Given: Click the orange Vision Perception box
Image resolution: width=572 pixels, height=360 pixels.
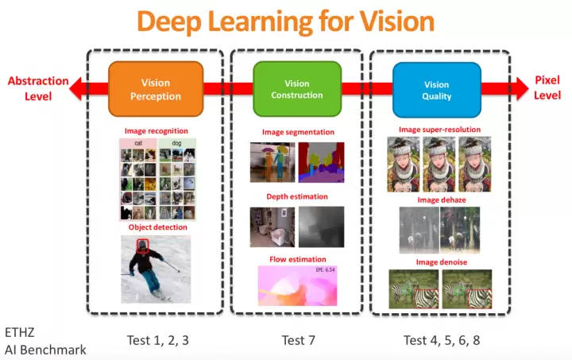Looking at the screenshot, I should coord(155,89).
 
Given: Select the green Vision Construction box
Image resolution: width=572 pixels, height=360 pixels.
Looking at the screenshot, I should coord(292,89).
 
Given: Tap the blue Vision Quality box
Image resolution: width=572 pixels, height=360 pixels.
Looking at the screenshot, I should coord(437,90).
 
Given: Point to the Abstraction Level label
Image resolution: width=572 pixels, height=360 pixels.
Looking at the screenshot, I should coord(29,88).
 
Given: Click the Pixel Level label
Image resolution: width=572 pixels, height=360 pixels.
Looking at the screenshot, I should coord(547,87).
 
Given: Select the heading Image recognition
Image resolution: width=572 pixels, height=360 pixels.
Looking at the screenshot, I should coord(156,131).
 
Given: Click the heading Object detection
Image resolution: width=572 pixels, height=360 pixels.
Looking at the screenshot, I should coord(157,227).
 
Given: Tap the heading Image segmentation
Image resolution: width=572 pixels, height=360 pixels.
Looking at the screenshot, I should coord(298,132).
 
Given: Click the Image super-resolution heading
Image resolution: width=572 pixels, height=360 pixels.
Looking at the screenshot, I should coord(439,130).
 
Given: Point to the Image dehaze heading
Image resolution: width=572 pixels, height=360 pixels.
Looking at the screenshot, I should coord(439,200).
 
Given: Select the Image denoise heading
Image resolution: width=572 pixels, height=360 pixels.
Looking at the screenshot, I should coord(439,261).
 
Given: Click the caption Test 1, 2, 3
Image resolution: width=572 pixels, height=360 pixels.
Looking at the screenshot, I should coord(157,340).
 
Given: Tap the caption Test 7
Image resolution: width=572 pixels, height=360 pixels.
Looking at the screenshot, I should coord(298,340).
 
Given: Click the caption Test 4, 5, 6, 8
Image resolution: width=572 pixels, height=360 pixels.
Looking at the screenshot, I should coord(442,340).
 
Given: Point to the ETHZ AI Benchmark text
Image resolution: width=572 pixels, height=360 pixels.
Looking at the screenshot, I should coord(44,341).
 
